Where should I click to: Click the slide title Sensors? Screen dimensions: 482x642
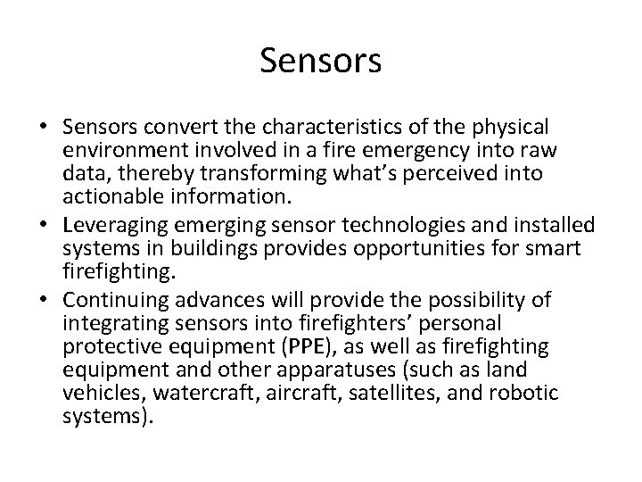[321, 61]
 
